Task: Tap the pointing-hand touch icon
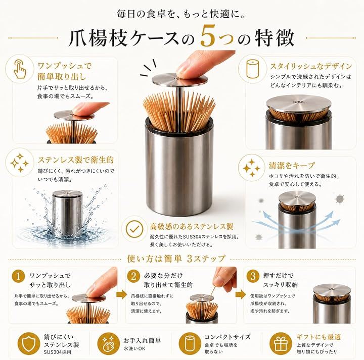(x=20, y=69)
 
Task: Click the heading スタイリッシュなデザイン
(x=310, y=66)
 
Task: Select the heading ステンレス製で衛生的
(x=76, y=160)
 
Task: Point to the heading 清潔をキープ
(x=292, y=166)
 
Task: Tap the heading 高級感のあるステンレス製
(x=192, y=227)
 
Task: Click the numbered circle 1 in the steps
(x=18, y=276)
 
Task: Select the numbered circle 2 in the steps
(x=133, y=276)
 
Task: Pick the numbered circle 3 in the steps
(x=253, y=276)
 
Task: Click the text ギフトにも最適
(x=318, y=337)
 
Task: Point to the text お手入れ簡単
(x=142, y=340)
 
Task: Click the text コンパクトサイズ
(x=227, y=337)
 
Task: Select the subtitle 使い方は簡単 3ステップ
(x=176, y=259)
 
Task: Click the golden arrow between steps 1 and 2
(x=122, y=295)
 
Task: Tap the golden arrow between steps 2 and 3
(x=241, y=294)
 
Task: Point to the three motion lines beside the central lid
(x=148, y=68)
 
